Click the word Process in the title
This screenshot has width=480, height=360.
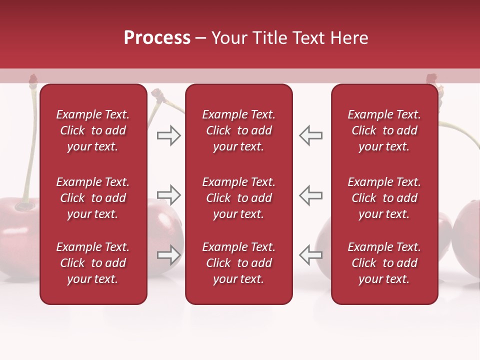click(157, 38)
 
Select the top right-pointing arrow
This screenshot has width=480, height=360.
click(169, 135)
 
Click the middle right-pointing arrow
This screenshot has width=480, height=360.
click(169, 195)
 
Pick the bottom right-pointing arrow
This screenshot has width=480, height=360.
click(169, 255)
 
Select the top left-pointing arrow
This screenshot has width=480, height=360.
click(311, 135)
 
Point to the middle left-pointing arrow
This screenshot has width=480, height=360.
click(311, 195)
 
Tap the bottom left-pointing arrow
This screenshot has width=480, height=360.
click(311, 255)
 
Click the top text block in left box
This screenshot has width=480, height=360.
click(93, 130)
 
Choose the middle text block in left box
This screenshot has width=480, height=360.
click(93, 198)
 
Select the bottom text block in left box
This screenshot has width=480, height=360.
click(93, 263)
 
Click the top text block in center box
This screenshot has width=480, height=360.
click(238, 130)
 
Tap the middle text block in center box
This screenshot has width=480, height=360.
click(238, 198)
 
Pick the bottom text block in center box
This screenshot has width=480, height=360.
click(238, 263)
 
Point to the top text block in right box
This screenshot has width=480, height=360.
click(384, 130)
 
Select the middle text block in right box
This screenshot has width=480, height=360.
click(384, 198)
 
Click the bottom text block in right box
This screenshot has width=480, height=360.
click(384, 263)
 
